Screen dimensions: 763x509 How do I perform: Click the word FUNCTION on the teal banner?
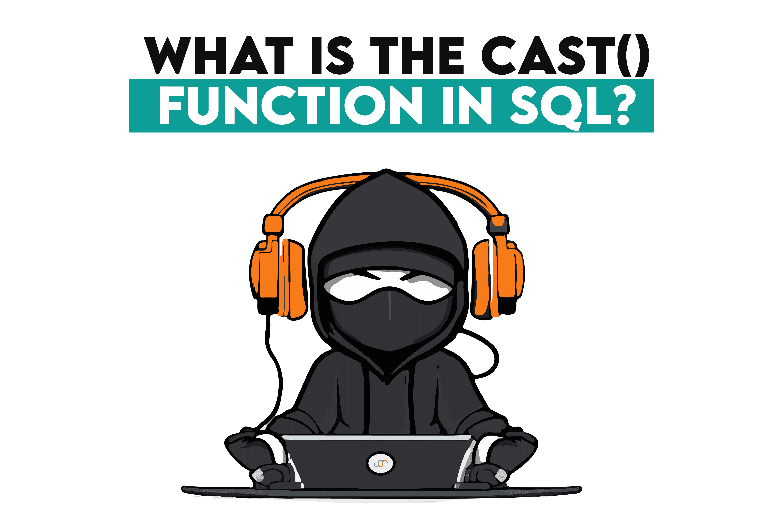291,105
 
